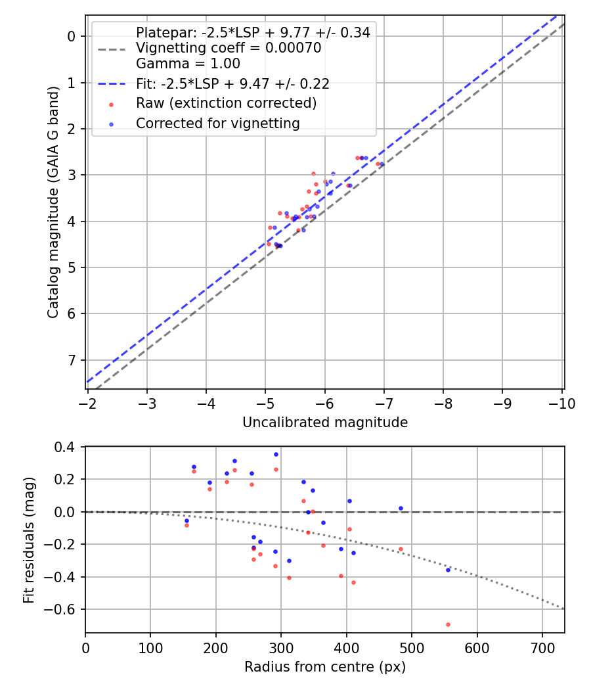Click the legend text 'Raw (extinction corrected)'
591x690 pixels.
(226, 103)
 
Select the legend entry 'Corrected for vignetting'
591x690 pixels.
(217, 123)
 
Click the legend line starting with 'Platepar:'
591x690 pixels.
(253, 32)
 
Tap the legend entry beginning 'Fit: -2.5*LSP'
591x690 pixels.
(232, 83)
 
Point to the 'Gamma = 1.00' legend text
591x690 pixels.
(188, 64)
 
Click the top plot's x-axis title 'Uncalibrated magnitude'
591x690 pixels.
(325, 423)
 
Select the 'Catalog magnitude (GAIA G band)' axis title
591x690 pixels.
(54, 202)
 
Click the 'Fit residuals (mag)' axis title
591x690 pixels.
(28, 540)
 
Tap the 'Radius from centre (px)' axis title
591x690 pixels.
(325, 667)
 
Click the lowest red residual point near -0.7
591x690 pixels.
(448, 624)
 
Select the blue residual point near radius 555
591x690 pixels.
(448, 570)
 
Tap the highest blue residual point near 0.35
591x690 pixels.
(276, 454)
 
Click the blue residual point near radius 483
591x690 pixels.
(401, 508)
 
